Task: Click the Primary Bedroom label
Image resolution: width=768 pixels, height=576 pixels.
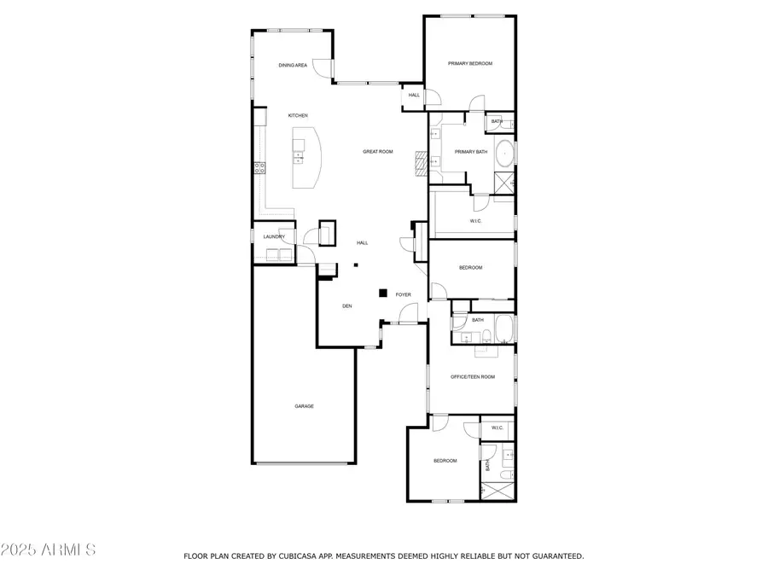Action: coord(470,64)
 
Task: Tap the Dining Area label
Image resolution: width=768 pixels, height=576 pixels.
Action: coord(293,65)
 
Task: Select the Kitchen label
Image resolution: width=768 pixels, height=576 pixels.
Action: coord(298,115)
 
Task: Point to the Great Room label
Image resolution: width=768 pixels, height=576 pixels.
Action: coord(378,152)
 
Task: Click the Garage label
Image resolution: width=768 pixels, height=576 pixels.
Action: coord(304,406)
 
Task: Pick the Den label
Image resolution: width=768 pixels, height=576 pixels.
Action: coord(346,306)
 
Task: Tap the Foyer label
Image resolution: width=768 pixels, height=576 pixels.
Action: coord(403,295)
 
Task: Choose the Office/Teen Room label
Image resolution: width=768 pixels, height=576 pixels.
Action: coord(473,377)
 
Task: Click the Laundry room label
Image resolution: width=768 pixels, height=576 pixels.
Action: coord(274,237)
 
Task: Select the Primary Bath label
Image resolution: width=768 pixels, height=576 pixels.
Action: coord(471,152)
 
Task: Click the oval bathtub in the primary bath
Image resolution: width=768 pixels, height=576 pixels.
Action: coord(504,154)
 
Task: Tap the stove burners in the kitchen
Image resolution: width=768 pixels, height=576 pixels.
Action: coord(259,168)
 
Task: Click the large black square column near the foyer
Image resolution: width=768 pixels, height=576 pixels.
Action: coord(383,293)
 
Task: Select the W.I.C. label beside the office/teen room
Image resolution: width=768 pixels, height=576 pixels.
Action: coord(497,428)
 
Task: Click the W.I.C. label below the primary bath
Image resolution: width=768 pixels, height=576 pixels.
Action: coord(475,221)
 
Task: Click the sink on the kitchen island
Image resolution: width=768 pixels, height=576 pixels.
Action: coord(299,157)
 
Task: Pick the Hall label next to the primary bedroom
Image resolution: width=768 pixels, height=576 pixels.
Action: coord(414,96)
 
